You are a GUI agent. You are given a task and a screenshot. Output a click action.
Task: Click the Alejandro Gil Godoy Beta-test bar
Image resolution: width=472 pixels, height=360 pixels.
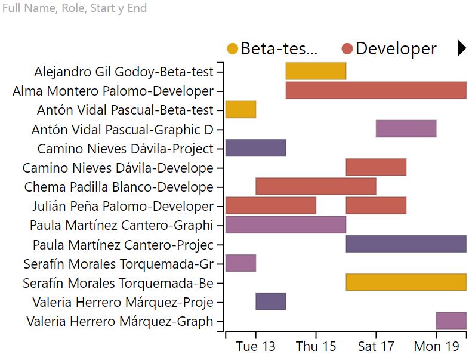(x=316, y=71)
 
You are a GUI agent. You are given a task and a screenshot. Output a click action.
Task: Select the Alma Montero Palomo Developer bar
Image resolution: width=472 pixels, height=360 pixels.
(x=376, y=90)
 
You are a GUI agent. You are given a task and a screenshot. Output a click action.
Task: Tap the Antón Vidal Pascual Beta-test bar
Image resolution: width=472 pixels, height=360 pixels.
(x=240, y=109)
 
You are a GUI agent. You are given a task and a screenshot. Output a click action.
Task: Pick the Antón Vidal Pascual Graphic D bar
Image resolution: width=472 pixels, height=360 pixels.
(x=406, y=128)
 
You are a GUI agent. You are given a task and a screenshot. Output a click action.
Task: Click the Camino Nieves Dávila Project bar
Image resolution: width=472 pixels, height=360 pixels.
(x=255, y=147)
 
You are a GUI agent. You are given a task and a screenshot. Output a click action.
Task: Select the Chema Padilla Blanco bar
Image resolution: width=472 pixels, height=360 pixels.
(x=316, y=186)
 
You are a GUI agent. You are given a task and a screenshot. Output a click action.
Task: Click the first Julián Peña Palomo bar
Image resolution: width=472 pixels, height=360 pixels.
(x=270, y=205)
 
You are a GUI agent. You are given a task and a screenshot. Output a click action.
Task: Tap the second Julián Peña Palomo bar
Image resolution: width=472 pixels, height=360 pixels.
(x=376, y=205)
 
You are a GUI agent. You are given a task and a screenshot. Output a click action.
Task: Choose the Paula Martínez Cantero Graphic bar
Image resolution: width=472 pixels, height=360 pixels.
(x=285, y=224)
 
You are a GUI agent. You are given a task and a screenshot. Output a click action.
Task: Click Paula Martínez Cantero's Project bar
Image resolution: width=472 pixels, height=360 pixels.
(x=406, y=244)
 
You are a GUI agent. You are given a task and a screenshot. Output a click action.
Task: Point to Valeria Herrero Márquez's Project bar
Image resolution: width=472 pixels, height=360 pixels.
(x=270, y=301)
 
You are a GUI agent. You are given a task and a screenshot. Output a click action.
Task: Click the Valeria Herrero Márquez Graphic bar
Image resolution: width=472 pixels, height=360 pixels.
(x=451, y=321)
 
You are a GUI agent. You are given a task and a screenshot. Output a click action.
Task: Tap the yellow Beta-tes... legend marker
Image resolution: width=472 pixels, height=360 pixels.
(x=233, y=49)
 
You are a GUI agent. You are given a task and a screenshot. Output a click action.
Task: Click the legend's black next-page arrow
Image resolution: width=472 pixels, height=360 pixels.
(x=461, y=48)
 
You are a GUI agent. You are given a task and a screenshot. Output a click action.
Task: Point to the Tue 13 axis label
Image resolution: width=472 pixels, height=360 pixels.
(x=255, y=347)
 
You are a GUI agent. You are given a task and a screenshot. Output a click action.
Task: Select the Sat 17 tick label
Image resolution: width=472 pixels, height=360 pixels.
(x=376, y=347)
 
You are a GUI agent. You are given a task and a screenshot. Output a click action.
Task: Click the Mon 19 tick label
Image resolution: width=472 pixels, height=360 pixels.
(x=436, y=347)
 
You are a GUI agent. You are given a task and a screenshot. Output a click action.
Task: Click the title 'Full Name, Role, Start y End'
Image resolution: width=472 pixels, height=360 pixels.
(x=75, y=8)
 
